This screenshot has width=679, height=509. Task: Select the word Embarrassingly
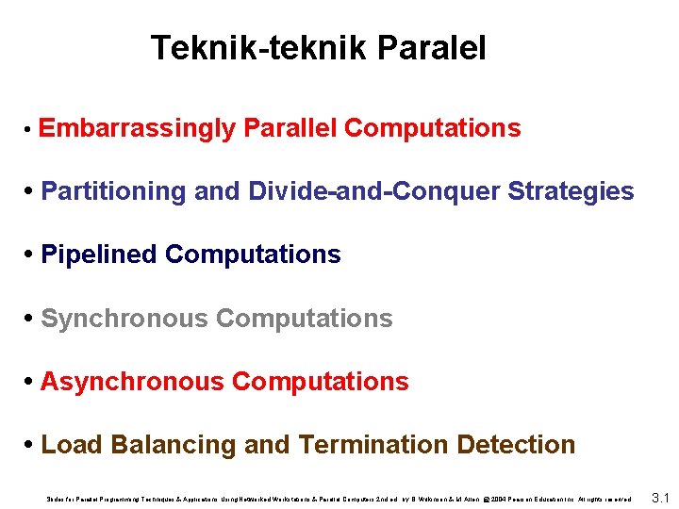(138, 128)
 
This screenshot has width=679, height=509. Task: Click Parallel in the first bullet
(290, 128)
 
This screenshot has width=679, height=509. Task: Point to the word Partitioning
(114, 191)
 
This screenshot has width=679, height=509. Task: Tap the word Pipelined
(99, 254)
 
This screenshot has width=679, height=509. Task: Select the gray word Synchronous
(125, 319)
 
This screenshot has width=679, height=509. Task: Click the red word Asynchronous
(133, 382)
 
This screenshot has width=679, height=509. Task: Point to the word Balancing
(165, 445)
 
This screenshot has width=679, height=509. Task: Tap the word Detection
(517, 445)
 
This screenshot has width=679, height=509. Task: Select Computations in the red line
(321, 382)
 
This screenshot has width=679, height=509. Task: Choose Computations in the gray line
(305, 319)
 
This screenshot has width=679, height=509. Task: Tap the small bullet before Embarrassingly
(31, 130)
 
